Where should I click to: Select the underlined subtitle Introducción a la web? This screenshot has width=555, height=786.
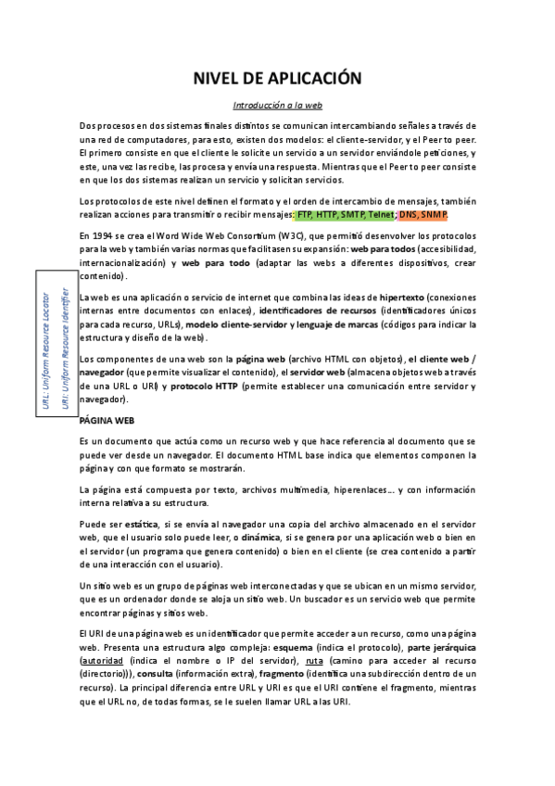[276, 106]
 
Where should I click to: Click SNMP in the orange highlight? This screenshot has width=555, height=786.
[433, 215]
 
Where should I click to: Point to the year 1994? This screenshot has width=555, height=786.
[104, 236]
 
